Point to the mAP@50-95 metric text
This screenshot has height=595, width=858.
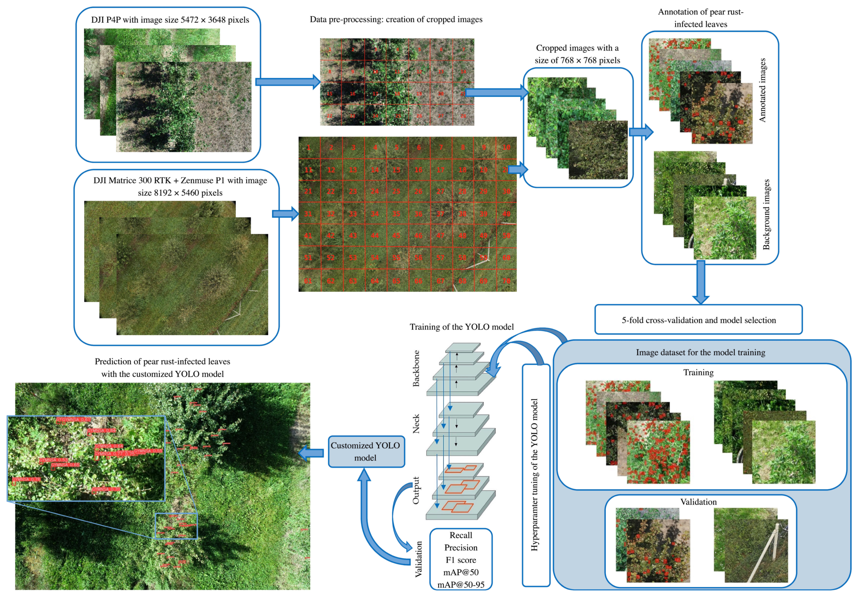[460, 584]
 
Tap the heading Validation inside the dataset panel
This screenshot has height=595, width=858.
[698, 501]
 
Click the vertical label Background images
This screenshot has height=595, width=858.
[766, 214]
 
